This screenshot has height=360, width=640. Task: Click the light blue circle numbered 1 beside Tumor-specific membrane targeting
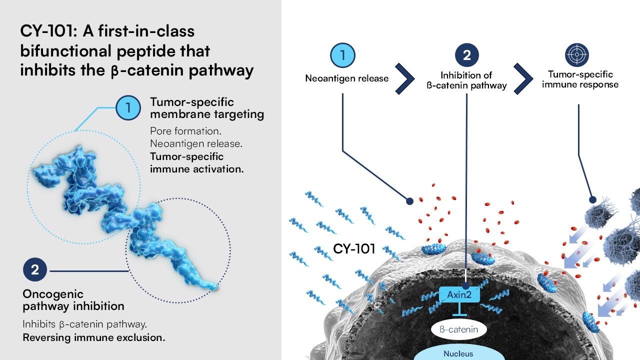[x=128, y=108]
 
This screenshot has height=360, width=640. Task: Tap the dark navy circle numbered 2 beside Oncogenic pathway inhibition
[x=35, y=270]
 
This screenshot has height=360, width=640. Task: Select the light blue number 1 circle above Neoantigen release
[x=343, y=55]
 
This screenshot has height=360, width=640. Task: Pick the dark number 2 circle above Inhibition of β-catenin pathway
[x=466, y=55]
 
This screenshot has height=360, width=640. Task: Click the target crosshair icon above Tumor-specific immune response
[x=576, y=55]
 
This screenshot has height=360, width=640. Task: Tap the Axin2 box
[x=459, y=295]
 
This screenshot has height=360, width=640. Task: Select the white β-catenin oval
[x=458, y=329]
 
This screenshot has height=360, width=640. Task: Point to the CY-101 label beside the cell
[x=354, y=248]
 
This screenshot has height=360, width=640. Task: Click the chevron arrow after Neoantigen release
[x=405, y=78]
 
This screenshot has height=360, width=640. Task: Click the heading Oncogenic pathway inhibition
[x=73, y=299]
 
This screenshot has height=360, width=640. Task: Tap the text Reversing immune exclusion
[x=94, y=337]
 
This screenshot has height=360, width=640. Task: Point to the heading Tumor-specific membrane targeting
[x=206, y=108]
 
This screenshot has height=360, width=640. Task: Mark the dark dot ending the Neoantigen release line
[x=409, y=201]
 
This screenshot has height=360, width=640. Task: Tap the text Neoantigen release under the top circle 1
[x=347, y=78]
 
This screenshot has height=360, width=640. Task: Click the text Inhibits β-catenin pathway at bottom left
[x=84, y=324]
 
